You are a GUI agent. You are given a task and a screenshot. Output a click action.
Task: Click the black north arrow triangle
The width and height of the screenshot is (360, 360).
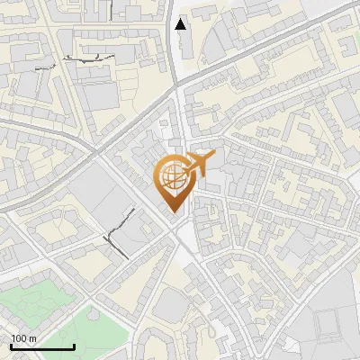tap(182, 24)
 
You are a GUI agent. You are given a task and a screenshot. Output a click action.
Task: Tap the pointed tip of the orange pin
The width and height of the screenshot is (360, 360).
tap(171, 212)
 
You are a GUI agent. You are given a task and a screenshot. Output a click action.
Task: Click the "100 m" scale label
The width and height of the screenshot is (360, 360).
tap(23, 338)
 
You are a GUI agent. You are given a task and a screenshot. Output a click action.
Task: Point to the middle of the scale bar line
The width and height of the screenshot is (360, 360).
tap(42, 346)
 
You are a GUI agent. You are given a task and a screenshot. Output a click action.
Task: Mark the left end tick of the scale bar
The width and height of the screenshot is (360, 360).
tap(11, 346)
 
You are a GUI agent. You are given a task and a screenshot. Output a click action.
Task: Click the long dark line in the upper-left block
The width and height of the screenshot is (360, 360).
tap(90, 57)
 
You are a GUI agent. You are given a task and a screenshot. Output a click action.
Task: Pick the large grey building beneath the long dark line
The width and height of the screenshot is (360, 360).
tap(97, 94)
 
